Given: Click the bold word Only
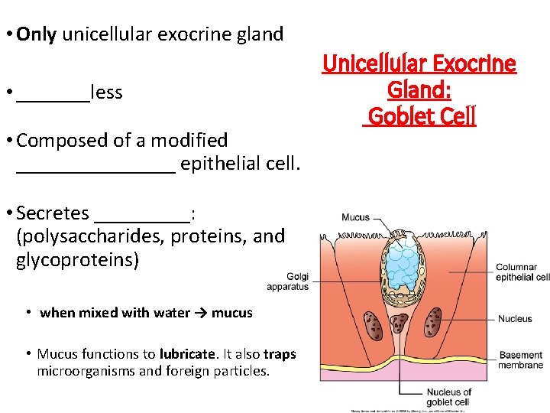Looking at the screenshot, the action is coord(36,34).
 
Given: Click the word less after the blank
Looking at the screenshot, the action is coord(106,93).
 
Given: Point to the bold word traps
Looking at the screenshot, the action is coord(280,354).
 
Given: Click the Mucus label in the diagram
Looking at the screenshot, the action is coord(355,218).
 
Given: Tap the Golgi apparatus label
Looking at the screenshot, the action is coord(287,281).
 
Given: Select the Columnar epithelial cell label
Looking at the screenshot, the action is coord(522,272).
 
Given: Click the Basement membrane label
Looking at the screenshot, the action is coord(521,360).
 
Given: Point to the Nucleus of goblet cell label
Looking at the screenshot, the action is coord(448,397).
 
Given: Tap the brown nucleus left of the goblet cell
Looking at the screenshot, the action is coord(374,324).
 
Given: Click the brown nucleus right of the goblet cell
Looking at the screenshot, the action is coord(433,323).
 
